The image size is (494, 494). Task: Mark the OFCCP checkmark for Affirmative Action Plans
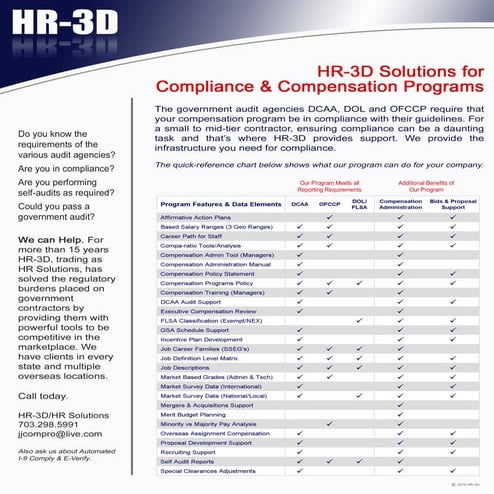(330, 217)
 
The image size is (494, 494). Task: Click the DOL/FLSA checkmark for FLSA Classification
(359, 320)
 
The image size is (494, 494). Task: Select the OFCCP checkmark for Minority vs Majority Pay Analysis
(330, 423)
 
